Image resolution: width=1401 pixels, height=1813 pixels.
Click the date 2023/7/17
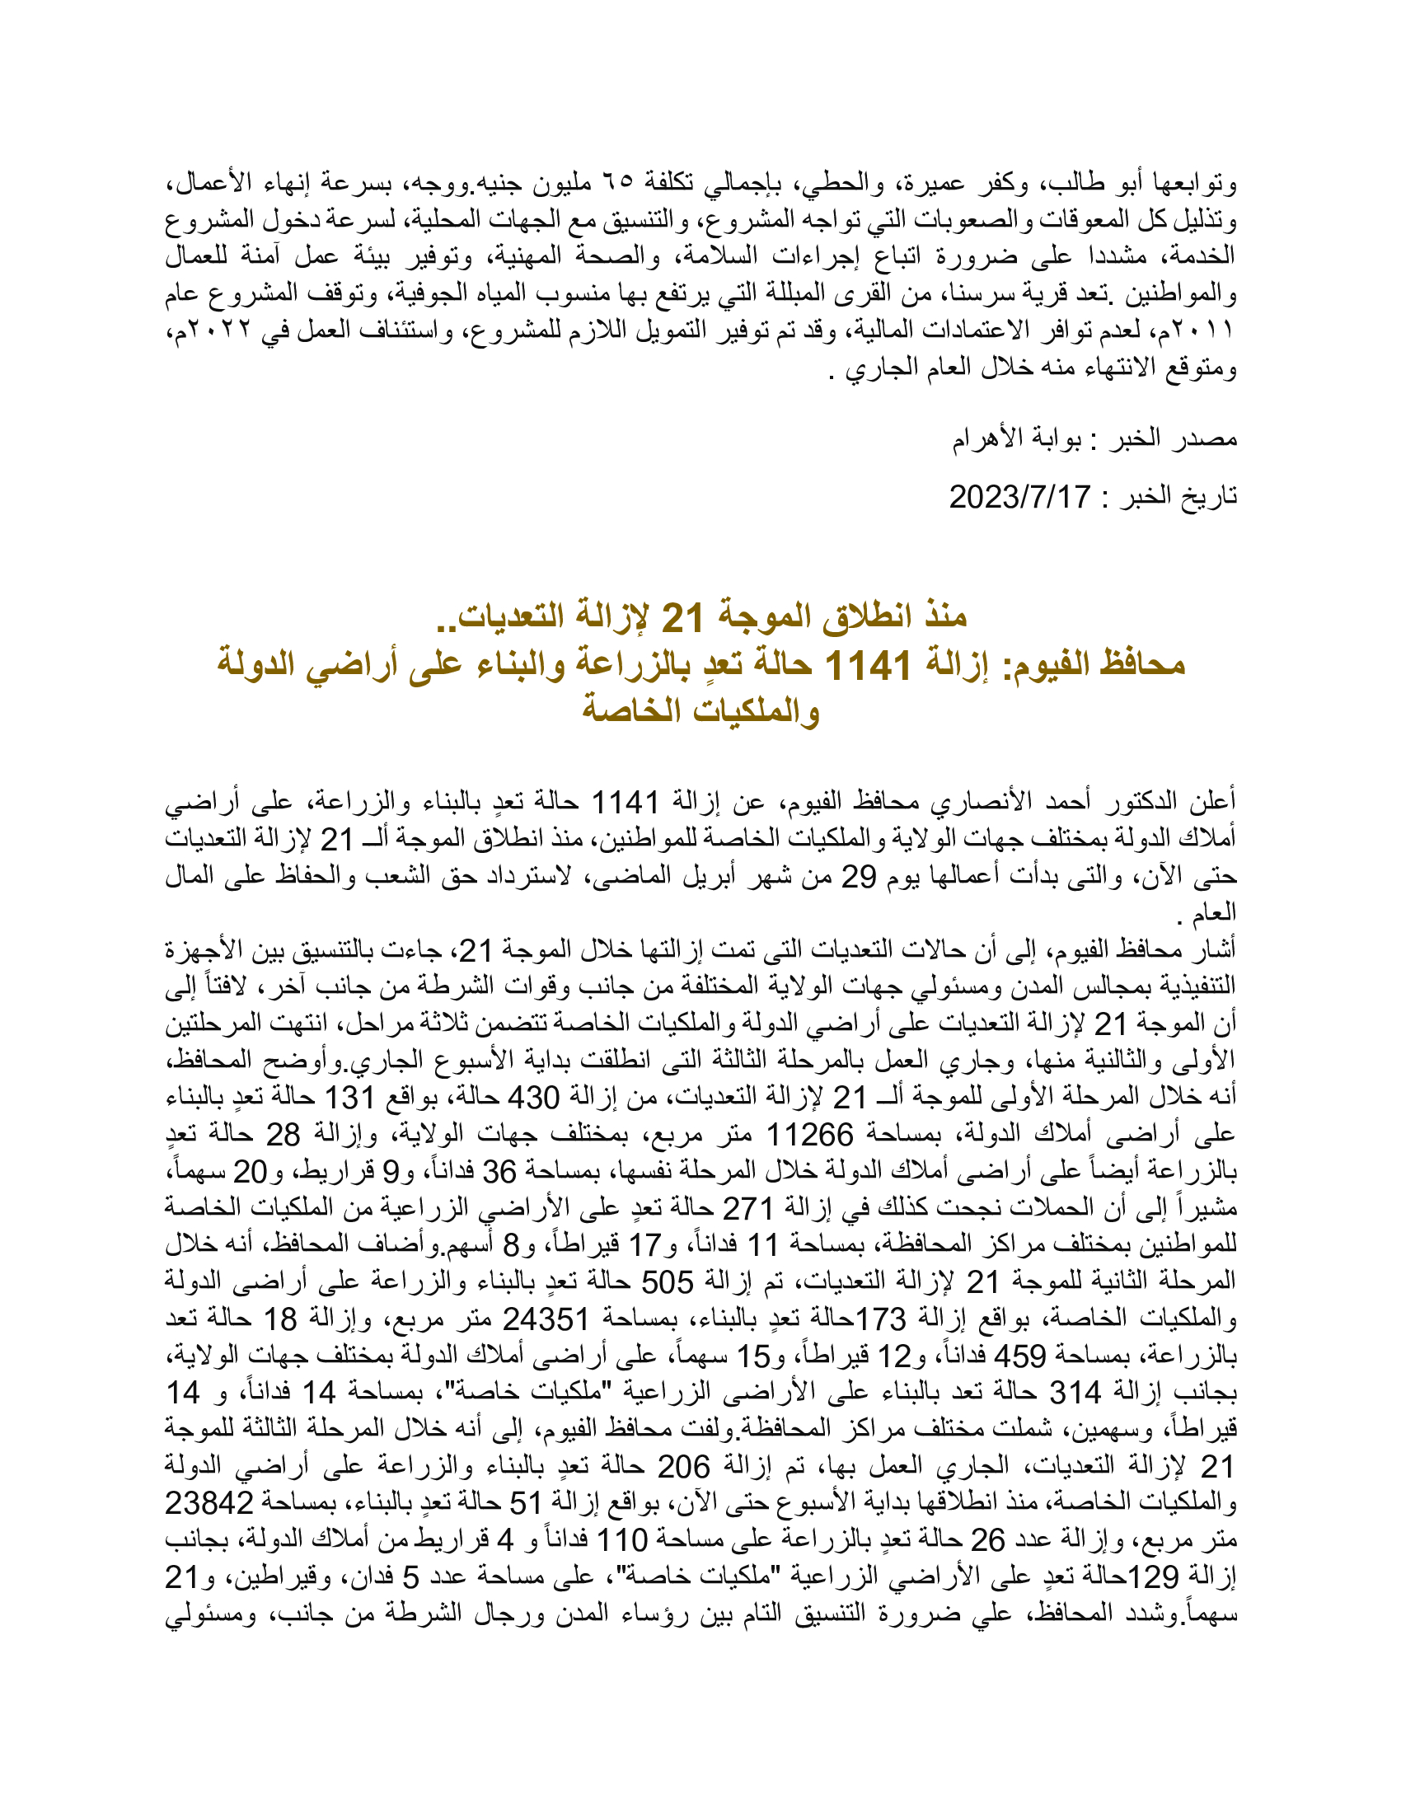point(1019,497)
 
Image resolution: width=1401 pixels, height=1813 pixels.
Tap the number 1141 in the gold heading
point(868,664)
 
